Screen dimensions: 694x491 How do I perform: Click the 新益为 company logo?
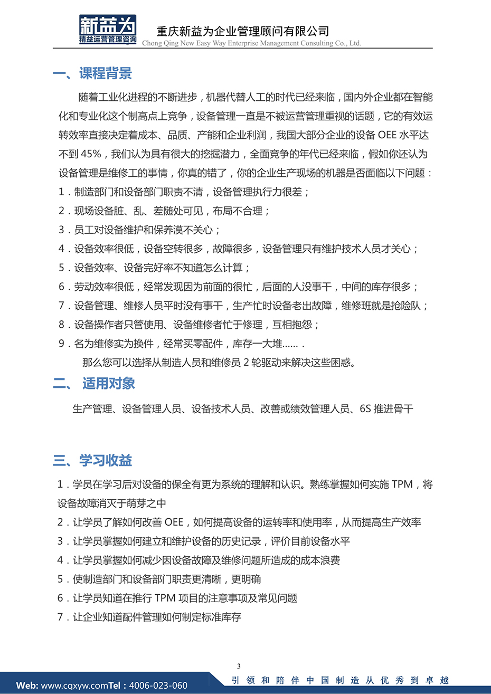[108, 30]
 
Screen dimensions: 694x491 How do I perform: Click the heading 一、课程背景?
[92, 73]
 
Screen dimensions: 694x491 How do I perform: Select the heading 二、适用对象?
[94, 383]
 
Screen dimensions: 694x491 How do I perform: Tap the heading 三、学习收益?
[92, 460]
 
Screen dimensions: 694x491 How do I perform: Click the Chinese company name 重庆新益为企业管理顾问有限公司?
[243, 31]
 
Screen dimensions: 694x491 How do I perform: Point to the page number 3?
[239, 666]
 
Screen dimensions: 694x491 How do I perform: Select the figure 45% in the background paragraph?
[91, 154]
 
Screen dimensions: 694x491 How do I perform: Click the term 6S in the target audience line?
[365, 408]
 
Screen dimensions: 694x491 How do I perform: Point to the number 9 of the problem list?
[61, 344]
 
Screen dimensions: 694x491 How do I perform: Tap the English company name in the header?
[251, 43]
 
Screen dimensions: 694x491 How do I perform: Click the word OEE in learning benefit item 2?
[174, 522]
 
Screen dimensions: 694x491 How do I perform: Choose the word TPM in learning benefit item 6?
[165, 598]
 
